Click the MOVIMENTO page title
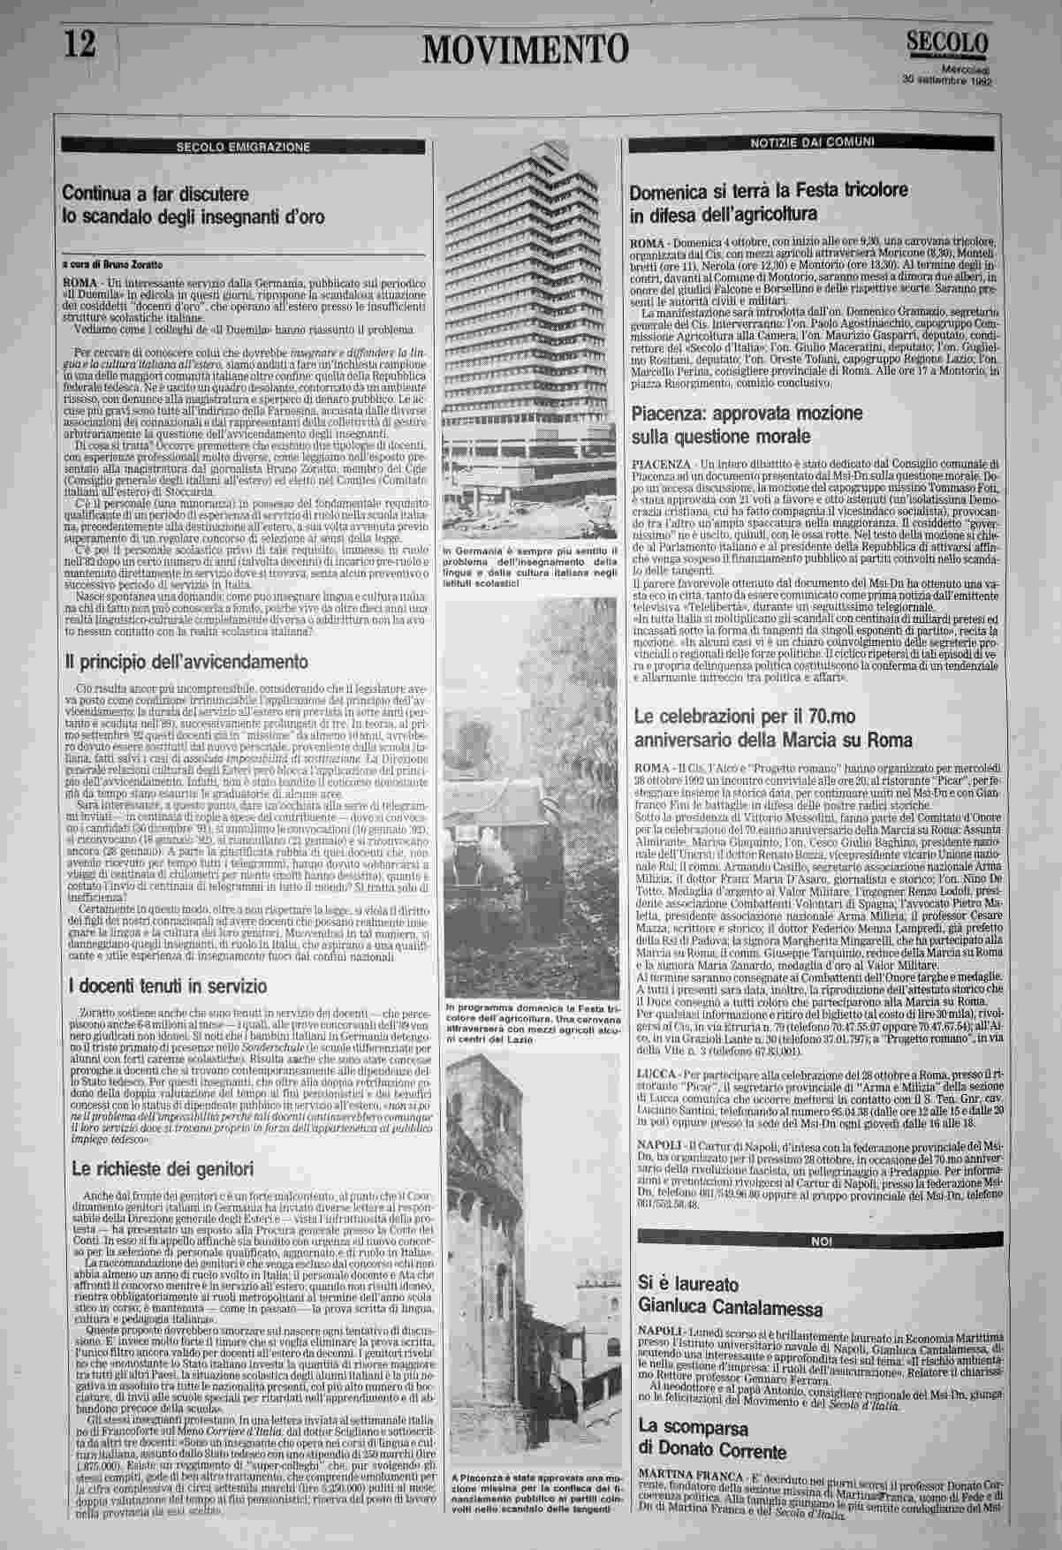pos(527,48)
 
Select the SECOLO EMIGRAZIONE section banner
pos(243,147)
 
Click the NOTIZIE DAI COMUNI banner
pos(812,141)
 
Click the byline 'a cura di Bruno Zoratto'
pos(112,263)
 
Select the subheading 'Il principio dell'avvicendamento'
pos(186,661)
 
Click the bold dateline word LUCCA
pos(654,1098)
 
